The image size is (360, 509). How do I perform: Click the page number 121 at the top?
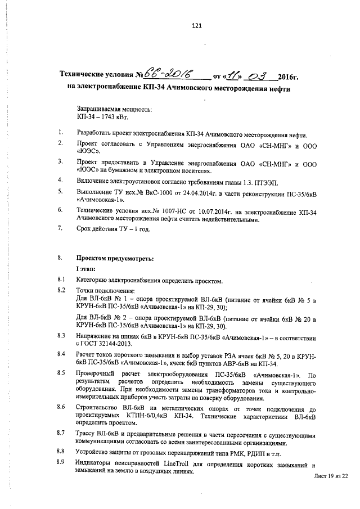[196, 25]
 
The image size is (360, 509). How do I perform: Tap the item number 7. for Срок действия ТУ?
[60, 228]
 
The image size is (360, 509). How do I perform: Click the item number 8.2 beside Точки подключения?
[62, 290]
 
